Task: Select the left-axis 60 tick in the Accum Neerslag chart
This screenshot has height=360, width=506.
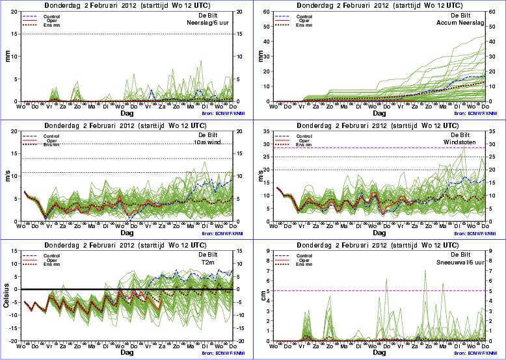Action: coord(267,12)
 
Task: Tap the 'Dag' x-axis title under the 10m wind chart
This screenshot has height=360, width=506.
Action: coord(127,232)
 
